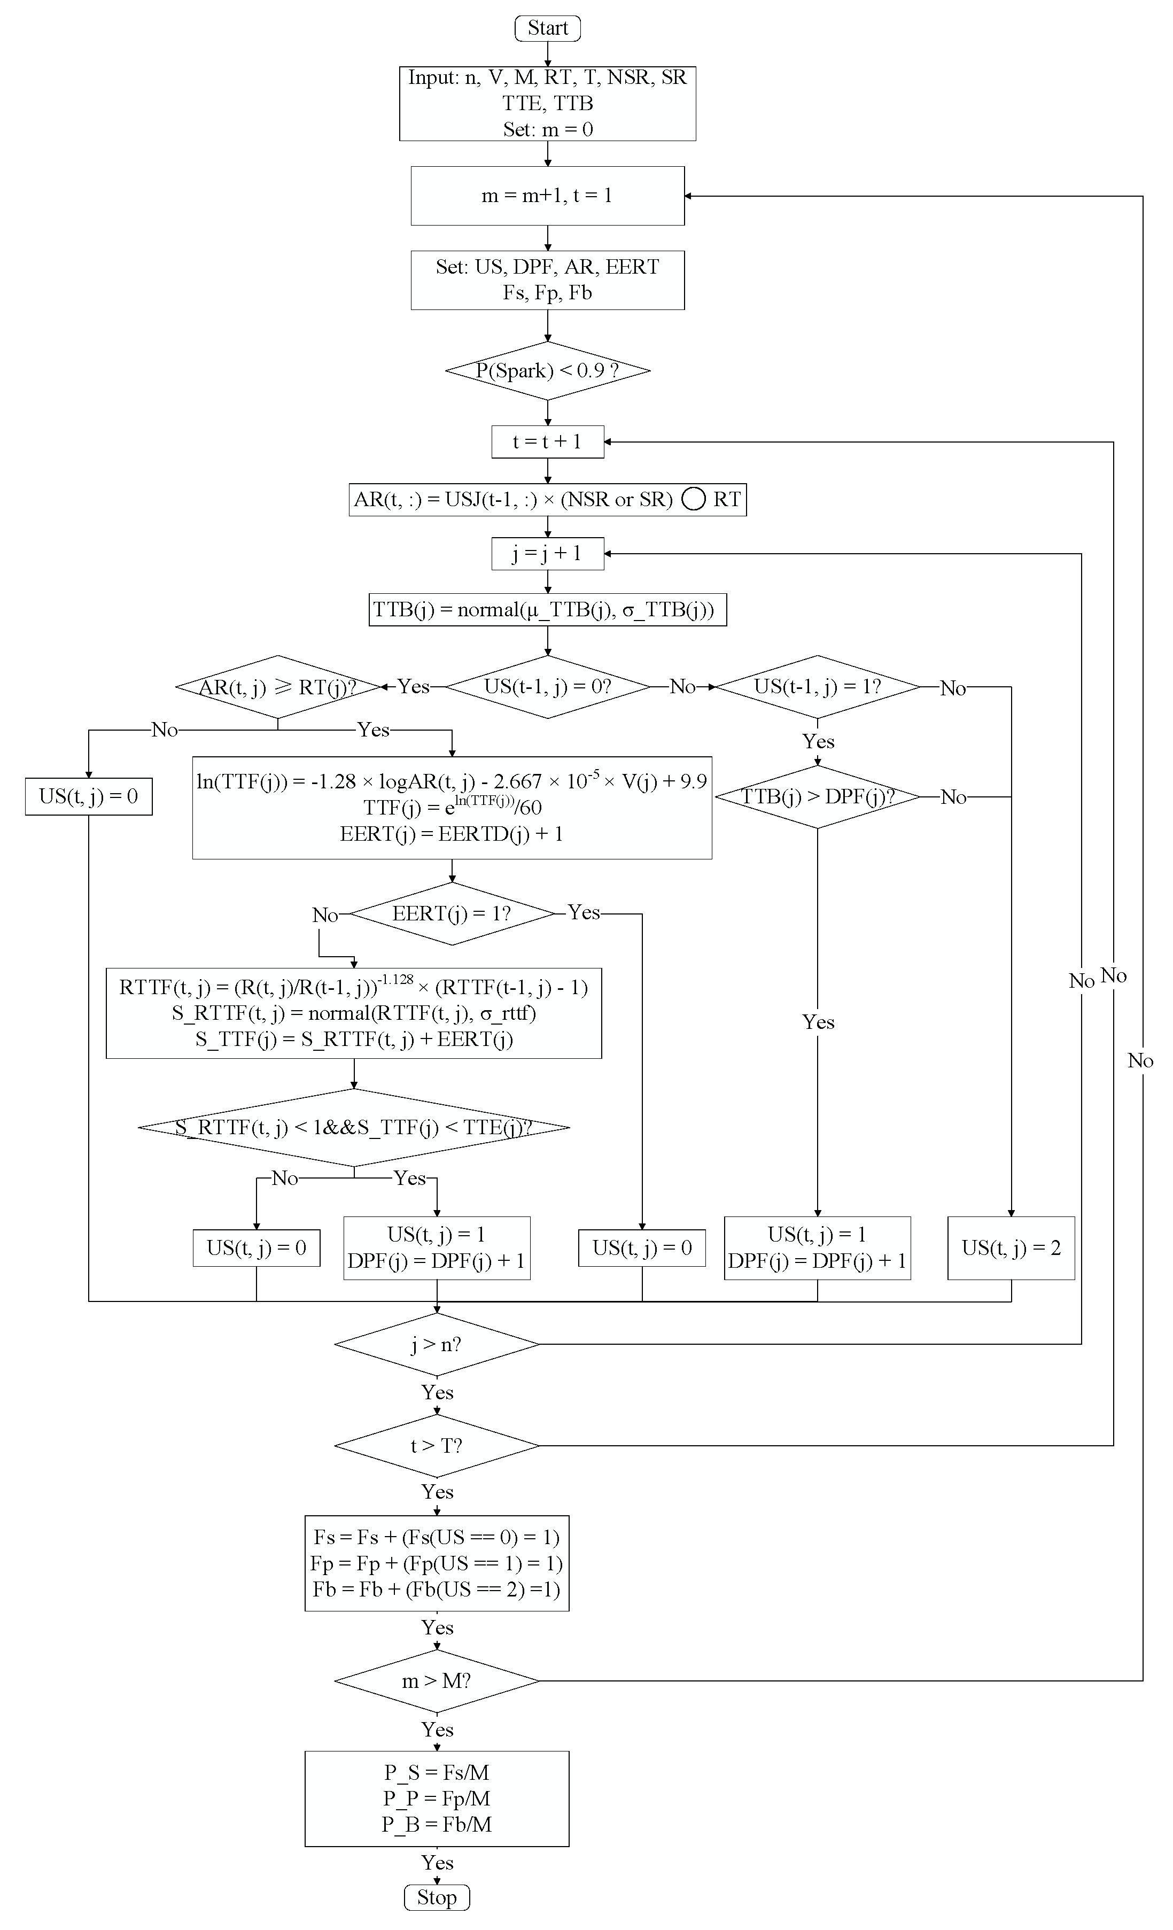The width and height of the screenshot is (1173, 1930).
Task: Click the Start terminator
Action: click(547, 28)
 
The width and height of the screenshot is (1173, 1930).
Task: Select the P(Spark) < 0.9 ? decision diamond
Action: click(547, 370)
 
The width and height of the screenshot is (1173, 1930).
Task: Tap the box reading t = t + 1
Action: click(547, 442)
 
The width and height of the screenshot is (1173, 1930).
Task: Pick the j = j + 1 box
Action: click(547, 554)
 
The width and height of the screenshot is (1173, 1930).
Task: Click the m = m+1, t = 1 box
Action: click(547, 196)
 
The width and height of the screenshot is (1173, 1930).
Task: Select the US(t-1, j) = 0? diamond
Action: click(547, 687)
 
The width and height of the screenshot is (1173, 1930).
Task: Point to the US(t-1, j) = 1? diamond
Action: click(818, 687)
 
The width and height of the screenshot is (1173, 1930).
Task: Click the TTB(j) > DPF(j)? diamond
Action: click(818, 796)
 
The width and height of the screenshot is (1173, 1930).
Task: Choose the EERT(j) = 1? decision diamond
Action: click(452, 913)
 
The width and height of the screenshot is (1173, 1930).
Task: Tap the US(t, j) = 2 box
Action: click(1011, 1248)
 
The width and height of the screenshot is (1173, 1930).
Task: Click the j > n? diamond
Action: click(436, 1344)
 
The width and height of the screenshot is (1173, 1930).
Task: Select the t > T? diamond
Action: click(436, 1445)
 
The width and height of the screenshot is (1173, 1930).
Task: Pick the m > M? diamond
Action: click(436, 1681)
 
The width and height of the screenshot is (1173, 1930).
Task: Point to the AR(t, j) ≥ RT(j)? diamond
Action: click(278, 687)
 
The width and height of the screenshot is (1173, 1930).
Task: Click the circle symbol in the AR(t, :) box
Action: click(693, 500)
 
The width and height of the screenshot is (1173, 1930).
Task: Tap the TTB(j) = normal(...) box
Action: click(547, 609)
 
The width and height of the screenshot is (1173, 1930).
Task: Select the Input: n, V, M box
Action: click(547, 103)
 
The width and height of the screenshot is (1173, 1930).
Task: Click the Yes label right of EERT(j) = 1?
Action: click(584, 912)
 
